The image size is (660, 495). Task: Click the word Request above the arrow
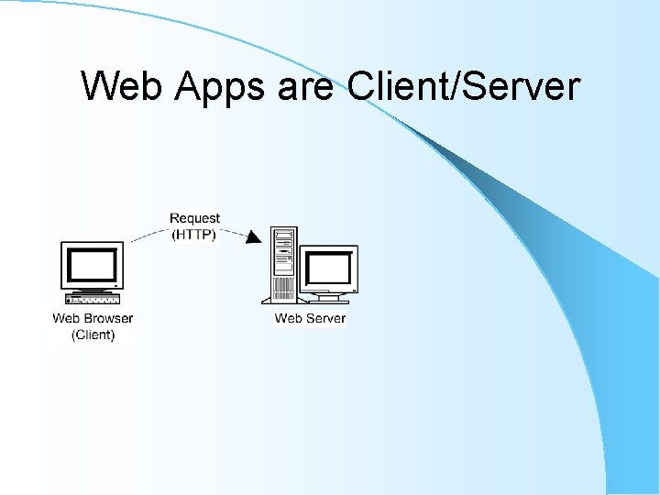194,218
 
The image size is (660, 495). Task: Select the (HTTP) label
194,234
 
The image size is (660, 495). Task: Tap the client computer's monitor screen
92,265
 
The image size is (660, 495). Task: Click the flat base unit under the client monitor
92,299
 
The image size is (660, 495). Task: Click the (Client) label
93,335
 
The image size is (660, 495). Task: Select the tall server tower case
283,266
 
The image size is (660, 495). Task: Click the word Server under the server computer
325,319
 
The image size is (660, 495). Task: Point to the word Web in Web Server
289,319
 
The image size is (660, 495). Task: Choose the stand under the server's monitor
328,296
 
